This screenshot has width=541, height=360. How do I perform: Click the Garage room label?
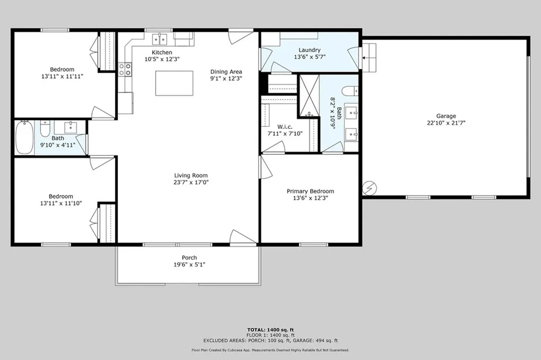[x=446, y=116]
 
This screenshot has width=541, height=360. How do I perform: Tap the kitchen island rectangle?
[x=174, y=83]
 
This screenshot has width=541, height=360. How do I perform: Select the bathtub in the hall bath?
[x=24, y=137]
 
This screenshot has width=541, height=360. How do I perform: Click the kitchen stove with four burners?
[x=125, y=69]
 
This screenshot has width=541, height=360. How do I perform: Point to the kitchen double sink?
[x=160, y=39]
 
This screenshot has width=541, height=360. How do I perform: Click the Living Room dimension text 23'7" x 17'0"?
[x=191, y=182]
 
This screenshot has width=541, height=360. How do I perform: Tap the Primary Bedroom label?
[x=310, y=191]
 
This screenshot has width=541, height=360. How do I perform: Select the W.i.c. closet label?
[x=285, y=127]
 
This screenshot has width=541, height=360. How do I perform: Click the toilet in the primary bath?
[x=350, y=91]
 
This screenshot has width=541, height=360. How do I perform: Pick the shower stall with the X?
[x=309, y=96]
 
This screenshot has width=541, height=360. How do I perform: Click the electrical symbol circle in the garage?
[x=369, y=188]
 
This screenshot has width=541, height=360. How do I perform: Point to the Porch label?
[x=190, y=257]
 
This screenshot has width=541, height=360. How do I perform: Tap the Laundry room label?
[x=310, y=50]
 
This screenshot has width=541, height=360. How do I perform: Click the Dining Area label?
[x=226, y=72]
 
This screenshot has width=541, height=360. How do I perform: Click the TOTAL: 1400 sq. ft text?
[x=270, y=330]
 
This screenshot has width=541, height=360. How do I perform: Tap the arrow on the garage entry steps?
[x=365, y=58]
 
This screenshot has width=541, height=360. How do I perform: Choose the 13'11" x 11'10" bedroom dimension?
[x=61, y=204]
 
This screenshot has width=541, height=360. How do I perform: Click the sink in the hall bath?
[x=71, y=127]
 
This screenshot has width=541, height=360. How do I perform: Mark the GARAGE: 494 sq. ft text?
[x=315, y=340]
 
